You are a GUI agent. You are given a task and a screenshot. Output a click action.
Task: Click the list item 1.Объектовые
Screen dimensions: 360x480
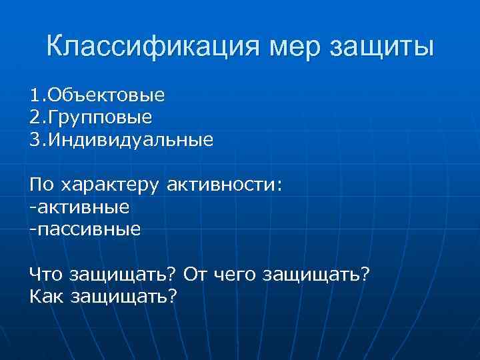(97, 95)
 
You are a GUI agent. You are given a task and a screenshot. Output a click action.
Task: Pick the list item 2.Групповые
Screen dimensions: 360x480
(91, 118)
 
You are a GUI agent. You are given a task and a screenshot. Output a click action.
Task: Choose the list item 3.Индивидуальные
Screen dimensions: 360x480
(122, 141)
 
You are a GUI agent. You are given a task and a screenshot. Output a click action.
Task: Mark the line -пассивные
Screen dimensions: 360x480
(85, 229)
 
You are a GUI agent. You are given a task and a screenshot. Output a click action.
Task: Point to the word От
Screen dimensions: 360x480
(196, 273)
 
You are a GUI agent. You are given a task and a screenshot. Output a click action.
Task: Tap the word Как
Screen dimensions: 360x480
(46, 295)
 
